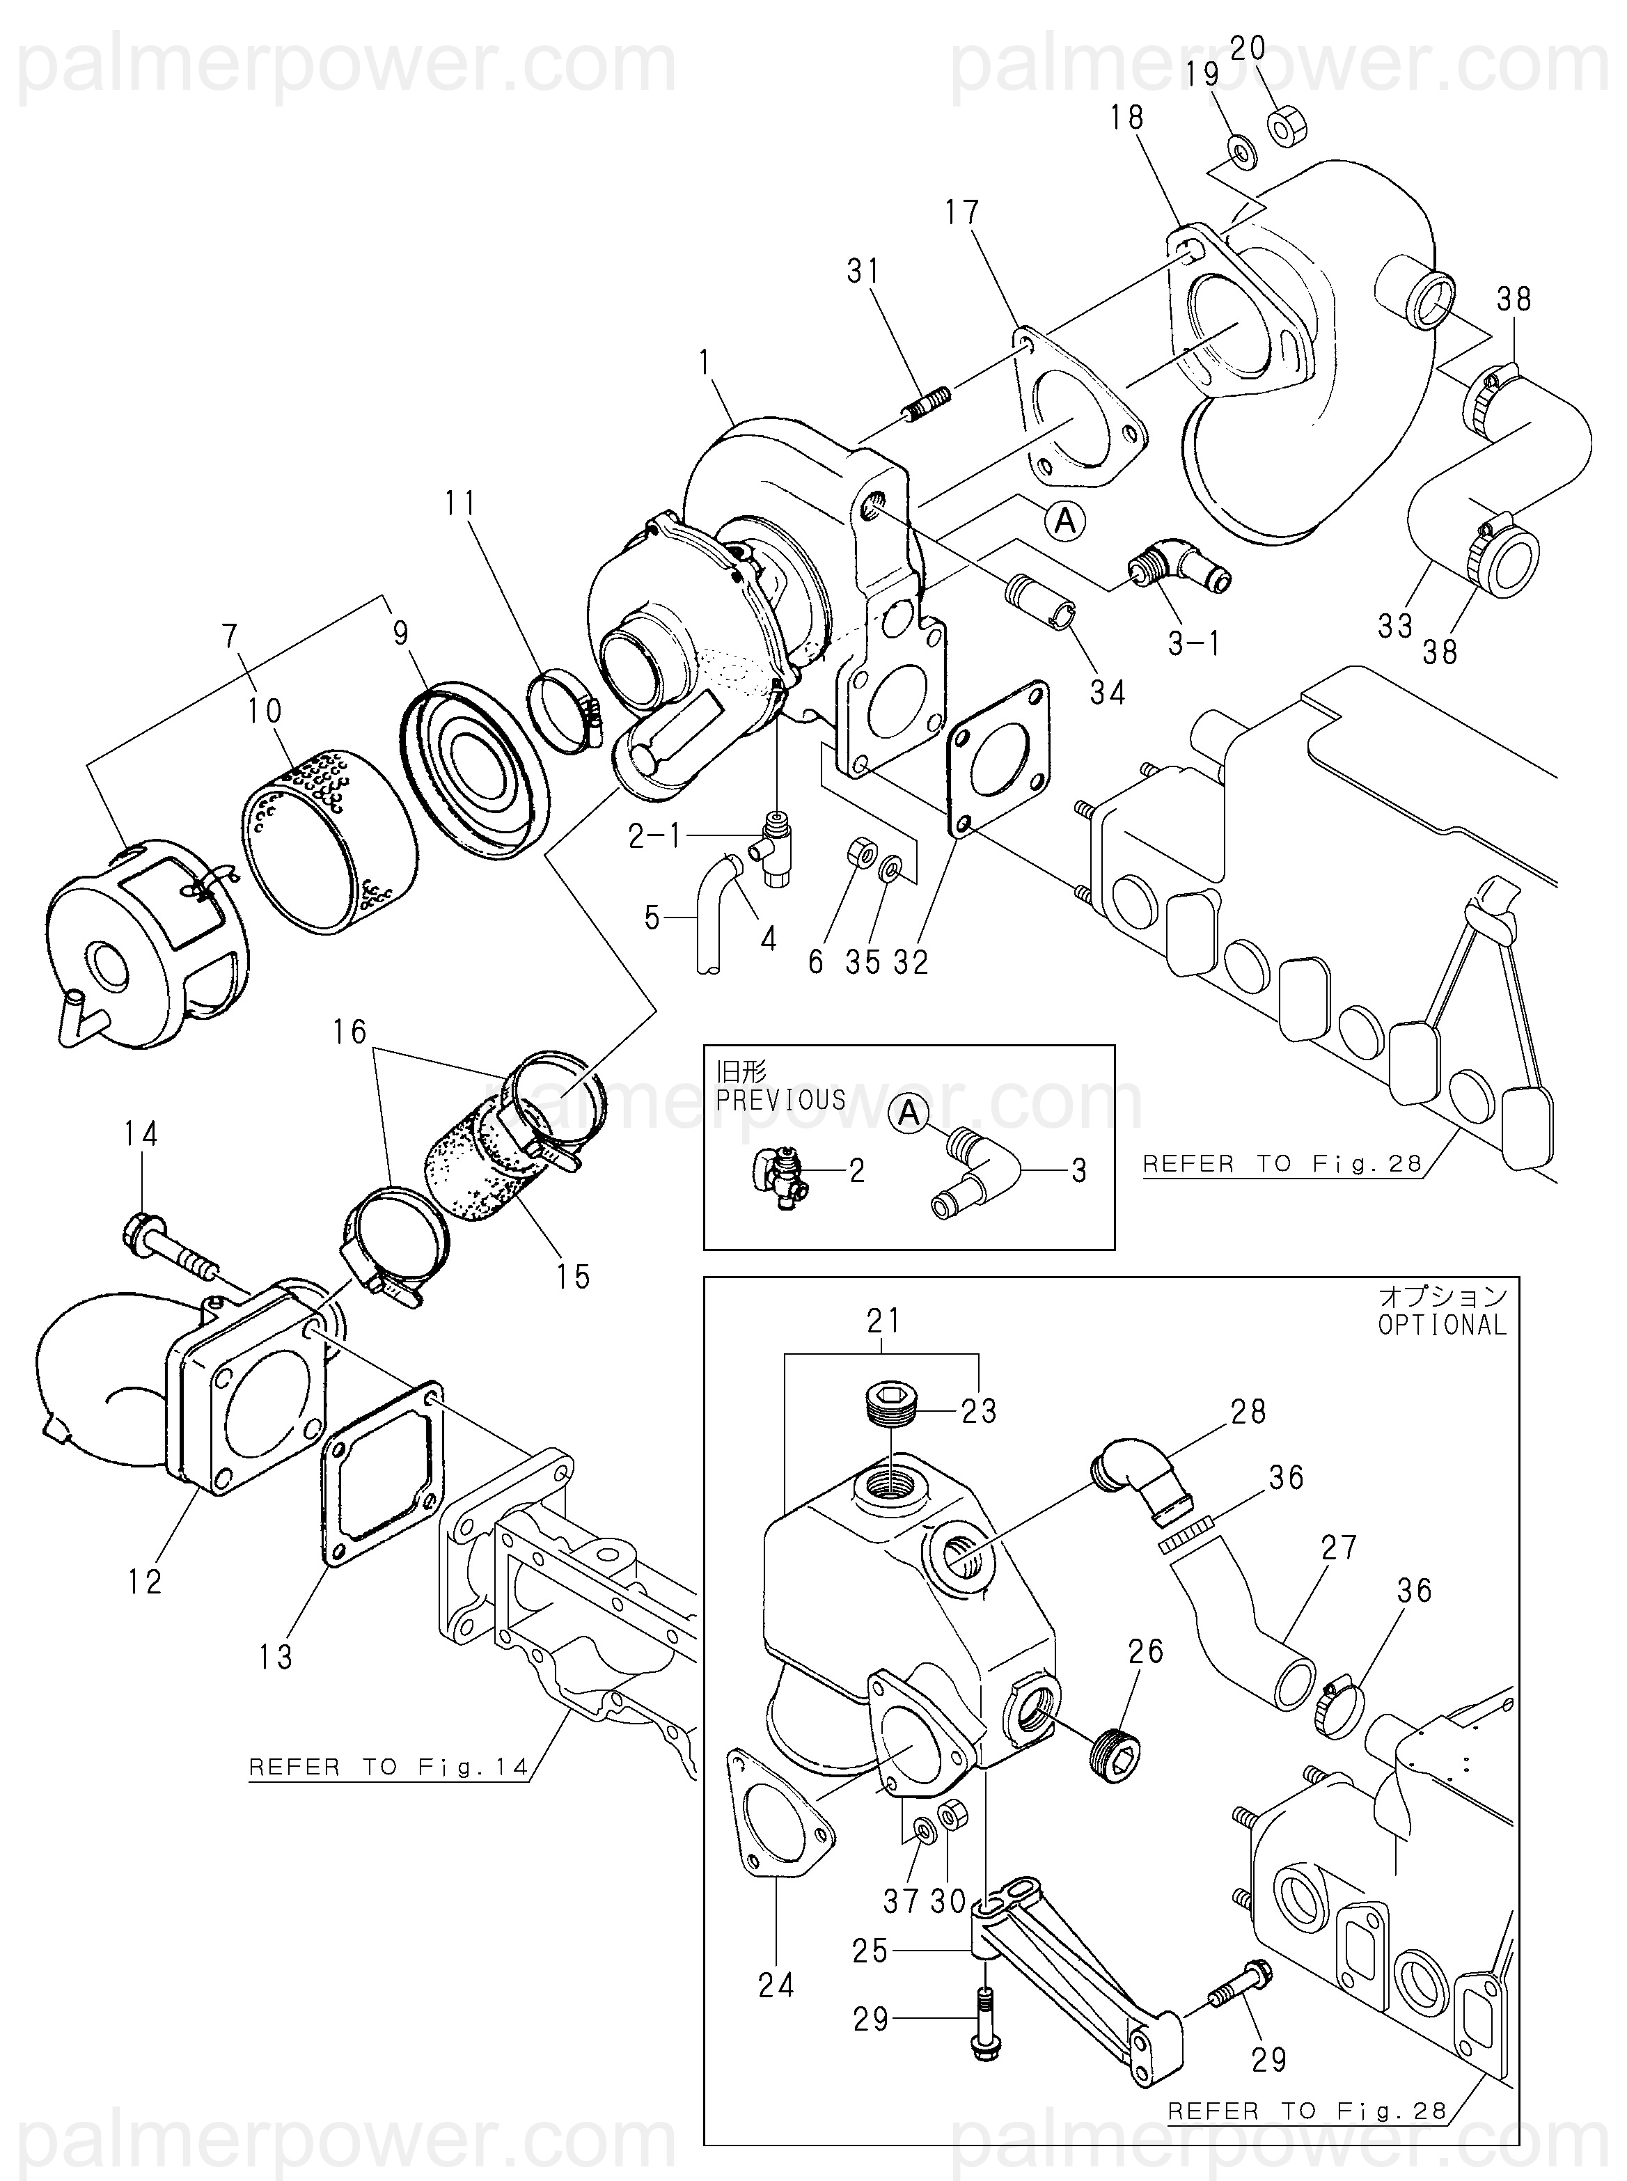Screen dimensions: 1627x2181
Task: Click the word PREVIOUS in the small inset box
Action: [781, 1099]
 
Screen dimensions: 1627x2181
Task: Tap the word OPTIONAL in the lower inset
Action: [1442, 1325]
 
